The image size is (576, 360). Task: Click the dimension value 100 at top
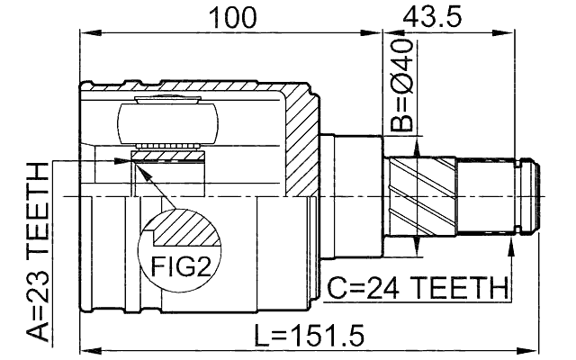point(232,17)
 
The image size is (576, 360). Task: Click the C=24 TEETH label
point(417,289)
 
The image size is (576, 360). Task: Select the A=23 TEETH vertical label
point(37,253)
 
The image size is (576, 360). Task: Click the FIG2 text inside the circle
point(180,267)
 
